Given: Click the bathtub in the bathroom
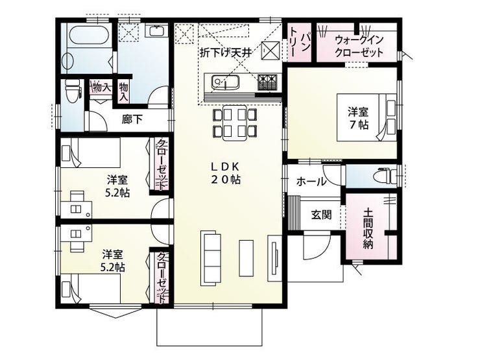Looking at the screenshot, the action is [88, 36].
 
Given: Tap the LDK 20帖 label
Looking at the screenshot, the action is [226, 173].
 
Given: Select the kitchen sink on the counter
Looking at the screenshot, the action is [224, 82].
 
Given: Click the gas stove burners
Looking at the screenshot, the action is [267, 82].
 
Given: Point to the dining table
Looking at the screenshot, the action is [235, 123].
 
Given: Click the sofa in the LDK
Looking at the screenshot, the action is [211, 258].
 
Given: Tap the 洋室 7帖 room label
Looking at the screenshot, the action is [358, 119].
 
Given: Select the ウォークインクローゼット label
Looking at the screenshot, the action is [359, 46].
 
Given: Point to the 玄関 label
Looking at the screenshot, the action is [321, 215].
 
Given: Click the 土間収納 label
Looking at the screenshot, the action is [368, 228].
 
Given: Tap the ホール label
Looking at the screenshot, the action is [311, 182].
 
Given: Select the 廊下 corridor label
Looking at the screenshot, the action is [132, 119].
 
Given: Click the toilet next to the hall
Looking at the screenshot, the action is [385, 176].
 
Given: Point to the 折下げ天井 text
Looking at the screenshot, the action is [226, 53].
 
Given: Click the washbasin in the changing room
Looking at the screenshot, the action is [158, 31].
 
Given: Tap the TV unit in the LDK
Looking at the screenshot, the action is [274, 258].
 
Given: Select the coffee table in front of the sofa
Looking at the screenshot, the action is [246, 258].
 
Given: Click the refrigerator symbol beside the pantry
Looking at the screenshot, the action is [270, 49].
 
